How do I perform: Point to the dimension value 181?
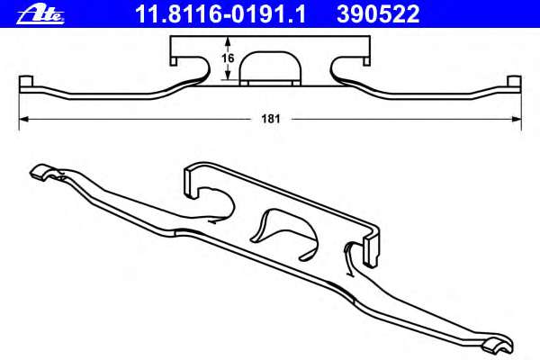pyautogui.click(x=269, y=118)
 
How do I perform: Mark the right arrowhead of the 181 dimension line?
pyautogui.click(x=517, y=118)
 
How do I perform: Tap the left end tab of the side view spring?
pyautogui.click(x=24, y=85)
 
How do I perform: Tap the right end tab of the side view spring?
pyautogui.click(x=516, y=85)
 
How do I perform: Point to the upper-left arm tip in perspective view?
pyautogui.click(x=41, y=171)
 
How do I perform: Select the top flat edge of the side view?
pyautogui.click(x=270, y=38)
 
